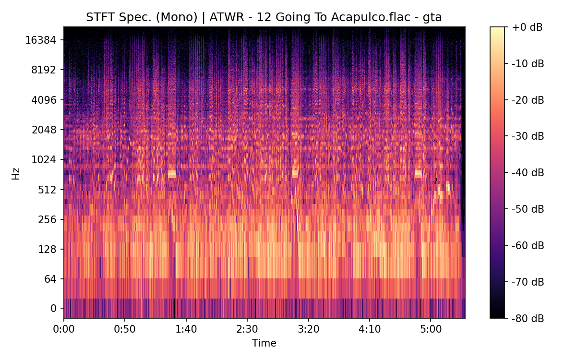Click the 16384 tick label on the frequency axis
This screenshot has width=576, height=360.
pyautogui.click(x=41, y=40)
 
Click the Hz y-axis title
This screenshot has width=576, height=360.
pyautogui.click(x=16, y=173)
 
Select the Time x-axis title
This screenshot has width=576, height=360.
pyautogui.click(x=264, y=343)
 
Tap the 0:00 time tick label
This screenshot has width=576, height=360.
pyautogui.click(x=64, y=330)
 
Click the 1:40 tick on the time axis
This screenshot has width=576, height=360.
pyautogui.click(x=186, y=330)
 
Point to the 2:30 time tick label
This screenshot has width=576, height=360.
pyautogui.click(x=247, y=330)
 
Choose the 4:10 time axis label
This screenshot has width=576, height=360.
pyautogui.click(x=370, y=330)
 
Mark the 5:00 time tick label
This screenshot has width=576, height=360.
pyautogui.click(x=431, y=330)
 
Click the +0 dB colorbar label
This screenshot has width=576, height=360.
pyautogui.click(x=527, y=27)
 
